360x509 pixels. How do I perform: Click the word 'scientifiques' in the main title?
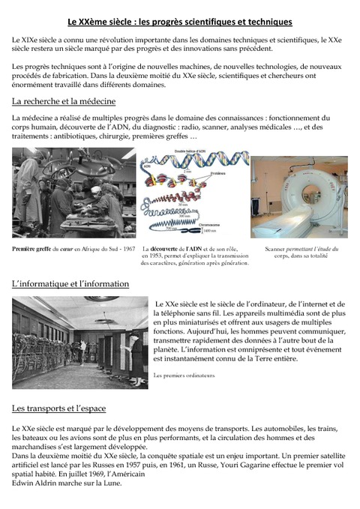tap(207, 23)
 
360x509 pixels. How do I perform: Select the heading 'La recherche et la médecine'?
tap(64, 101)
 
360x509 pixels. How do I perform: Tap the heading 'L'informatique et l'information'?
tap(70, 284)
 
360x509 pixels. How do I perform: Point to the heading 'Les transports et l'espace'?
tap(58, 409)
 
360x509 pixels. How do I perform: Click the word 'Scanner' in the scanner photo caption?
tap(276, 249)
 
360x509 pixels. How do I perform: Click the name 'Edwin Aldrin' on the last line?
tap(35, 484)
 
